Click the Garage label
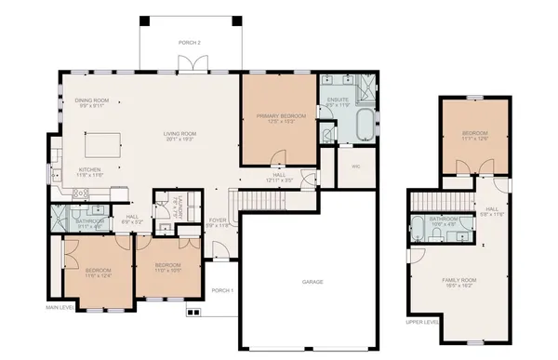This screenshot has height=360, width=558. click(x=312, y=281)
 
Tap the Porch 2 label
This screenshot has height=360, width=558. click(x=190, y=44)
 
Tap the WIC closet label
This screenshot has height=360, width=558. click(x=355, y=167)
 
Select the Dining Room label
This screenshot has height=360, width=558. click(x=93, y=100)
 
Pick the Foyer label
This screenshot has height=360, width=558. click(x=216, y=220)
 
